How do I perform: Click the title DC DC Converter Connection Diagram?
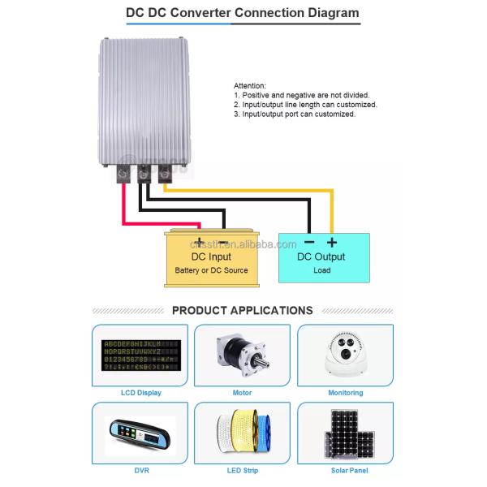click(x=243, y=14)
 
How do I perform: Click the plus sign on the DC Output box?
click(x=331, y=242)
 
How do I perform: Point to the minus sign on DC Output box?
click(x=309, y=242)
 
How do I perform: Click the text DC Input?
click(x=211, y=256)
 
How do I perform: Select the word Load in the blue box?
click(x=321, y=270)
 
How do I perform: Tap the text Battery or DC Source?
click(x=211, y=270)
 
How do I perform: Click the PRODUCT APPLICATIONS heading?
click(x=243, y=310)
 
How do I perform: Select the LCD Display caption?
click(x=140, y=393)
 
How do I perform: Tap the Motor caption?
click(x=242, y=393)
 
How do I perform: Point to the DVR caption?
click(x=140, y=470)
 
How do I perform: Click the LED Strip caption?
click(x=242, y=470)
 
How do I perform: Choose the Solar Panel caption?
click(x=346, y=470)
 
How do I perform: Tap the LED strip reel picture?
click(x=242, y=434)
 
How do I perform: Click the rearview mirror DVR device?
click(x=140, y=434)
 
